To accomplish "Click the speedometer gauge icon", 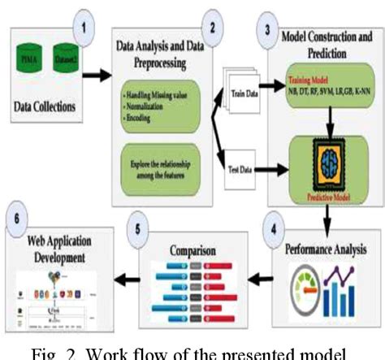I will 303,288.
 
